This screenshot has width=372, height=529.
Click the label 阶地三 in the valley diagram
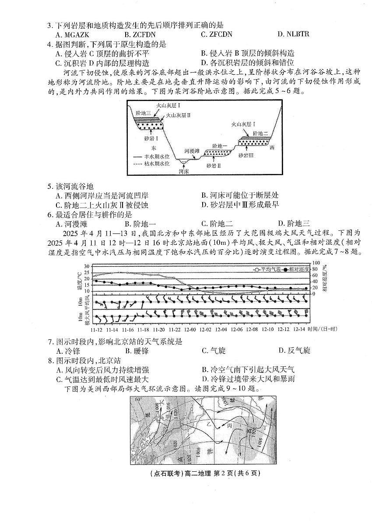(143, 113)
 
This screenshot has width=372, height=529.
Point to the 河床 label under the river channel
(184, 172)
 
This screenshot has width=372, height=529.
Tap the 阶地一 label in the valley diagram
(219, 146)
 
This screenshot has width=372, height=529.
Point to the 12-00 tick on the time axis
(190, 329)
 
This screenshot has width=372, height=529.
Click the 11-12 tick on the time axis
(96, 329)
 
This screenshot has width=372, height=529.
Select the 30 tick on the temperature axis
(87, 266)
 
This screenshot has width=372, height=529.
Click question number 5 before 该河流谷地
(49, 186)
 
